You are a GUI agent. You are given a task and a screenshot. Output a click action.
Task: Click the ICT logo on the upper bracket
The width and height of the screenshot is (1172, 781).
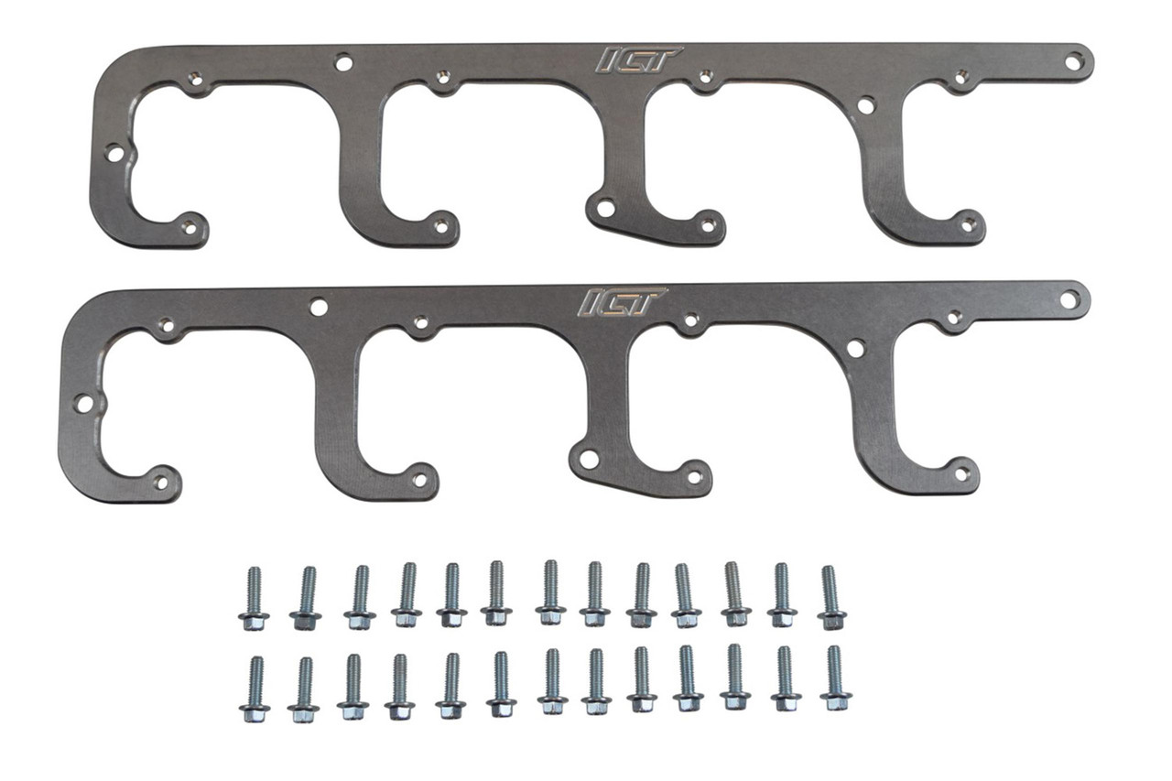[638, 60]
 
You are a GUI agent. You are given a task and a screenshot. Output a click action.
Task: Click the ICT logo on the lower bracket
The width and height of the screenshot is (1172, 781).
[622, 302]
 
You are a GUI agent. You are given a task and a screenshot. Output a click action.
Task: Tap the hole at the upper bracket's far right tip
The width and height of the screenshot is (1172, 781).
[1073, 61]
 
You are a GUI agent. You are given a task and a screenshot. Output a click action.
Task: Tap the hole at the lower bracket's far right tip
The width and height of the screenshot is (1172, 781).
[1069, 298]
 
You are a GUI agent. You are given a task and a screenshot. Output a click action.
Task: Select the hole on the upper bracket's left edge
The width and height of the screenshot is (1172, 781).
[114, 153]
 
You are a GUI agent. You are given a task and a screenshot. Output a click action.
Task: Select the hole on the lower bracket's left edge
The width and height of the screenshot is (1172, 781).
[84, 403]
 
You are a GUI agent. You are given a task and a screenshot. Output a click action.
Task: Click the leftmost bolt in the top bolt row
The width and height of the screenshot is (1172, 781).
[254, 599]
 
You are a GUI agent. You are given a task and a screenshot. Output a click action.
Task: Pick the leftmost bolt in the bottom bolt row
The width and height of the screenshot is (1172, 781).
[255, 689]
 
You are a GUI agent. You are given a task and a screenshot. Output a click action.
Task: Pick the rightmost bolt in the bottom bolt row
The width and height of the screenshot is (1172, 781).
[835, 679]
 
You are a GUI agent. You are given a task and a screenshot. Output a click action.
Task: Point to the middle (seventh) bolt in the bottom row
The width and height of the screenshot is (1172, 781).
[552, 682]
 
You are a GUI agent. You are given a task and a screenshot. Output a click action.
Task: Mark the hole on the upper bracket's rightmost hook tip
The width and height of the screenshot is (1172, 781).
[968, 222]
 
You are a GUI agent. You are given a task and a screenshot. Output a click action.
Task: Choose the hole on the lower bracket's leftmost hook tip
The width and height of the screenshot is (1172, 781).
[162, 481]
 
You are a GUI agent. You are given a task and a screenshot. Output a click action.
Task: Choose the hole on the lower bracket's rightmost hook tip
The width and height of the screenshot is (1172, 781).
[961, 473]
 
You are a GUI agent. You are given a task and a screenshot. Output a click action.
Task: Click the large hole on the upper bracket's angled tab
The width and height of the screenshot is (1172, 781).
[605, 208]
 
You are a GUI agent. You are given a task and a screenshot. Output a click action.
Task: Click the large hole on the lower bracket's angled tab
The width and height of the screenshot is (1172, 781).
[589, 459]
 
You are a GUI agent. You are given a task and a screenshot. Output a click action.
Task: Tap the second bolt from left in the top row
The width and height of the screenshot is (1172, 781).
[306, 599]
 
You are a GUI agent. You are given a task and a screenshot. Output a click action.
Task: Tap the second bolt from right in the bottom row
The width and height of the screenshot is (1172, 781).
[786, 680]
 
